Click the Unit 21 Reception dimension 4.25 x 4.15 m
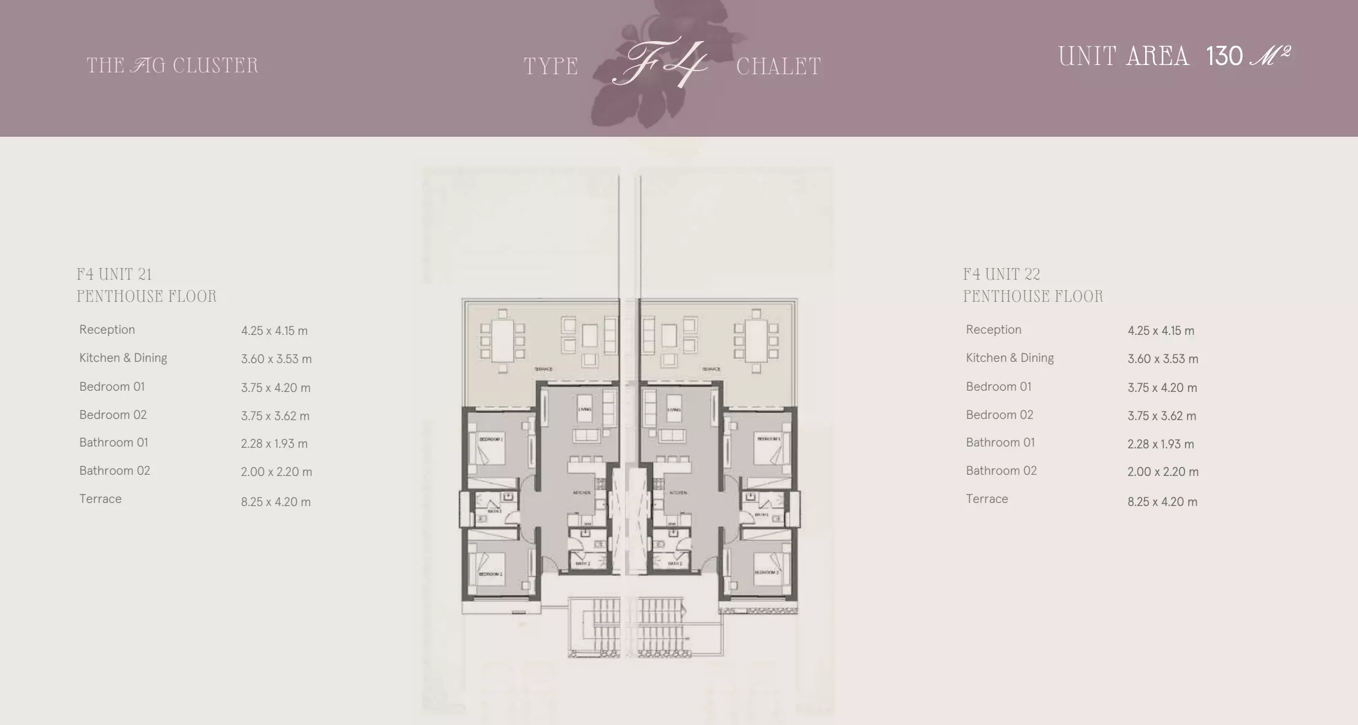point(274,331)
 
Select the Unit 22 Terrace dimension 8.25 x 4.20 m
point(1162,502)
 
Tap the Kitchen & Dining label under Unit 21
point(123,358)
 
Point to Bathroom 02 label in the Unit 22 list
point(1001,470)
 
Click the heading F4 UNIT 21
point(114,274)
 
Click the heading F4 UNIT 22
point(1001,274)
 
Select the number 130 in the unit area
point(1224,56)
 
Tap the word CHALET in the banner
point(778,67)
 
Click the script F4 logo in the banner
point(659,63)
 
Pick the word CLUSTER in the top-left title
point(215,66)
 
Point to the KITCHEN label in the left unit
point(581,493)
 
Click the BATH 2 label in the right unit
point(675,563)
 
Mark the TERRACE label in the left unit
point(543,369)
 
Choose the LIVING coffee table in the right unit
point(674,409)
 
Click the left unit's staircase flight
point(594,626)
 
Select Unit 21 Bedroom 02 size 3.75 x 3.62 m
point(275,416)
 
